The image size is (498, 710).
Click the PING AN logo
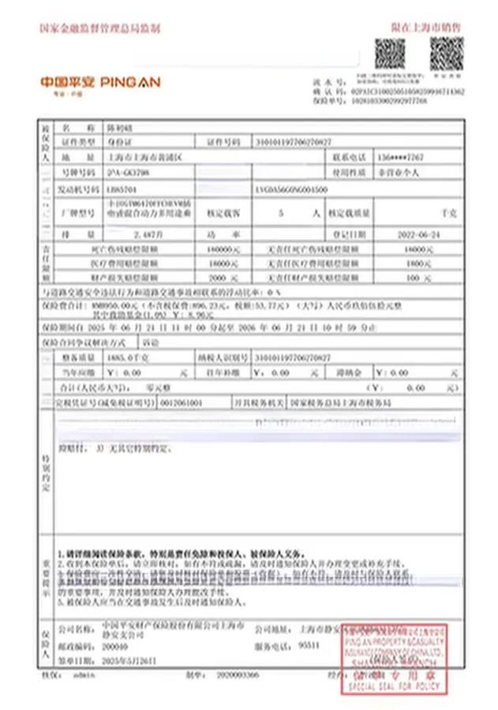click(100, 81)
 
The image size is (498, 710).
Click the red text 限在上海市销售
click(426, 28)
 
